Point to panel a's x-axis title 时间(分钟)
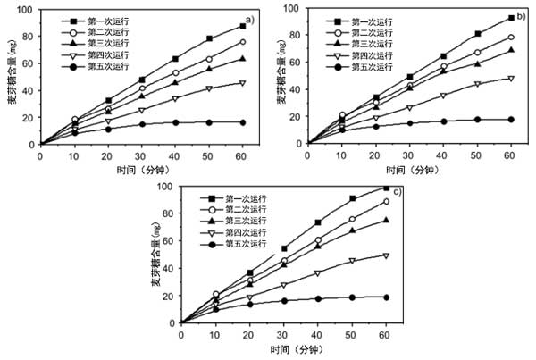tap(143, 170)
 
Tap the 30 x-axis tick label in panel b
tap(408, 155)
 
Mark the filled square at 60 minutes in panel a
tap(242, 26)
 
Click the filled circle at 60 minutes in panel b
tap(510, 120)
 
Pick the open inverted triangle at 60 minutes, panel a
tap(242, 83)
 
